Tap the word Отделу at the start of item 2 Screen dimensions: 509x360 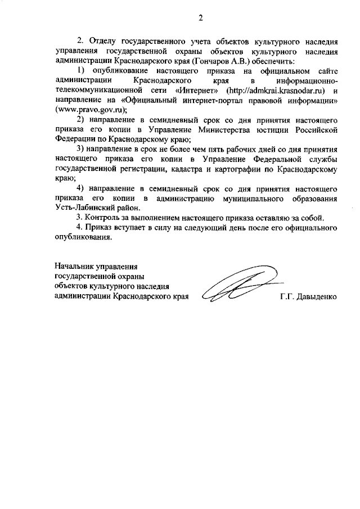click(x=103, y=41)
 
